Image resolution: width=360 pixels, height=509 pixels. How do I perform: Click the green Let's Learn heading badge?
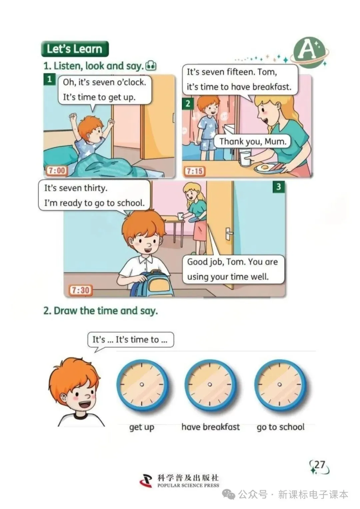pyautogui.click(x=75, y=49)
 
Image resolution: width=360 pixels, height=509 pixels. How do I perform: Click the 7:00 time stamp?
pyautogui.click(x=57, y=170)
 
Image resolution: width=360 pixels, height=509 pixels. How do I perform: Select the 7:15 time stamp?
pyautogui.click(x=194, y=171)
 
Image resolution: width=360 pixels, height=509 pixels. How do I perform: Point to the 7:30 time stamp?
pyautogui.click(x=80, y=290)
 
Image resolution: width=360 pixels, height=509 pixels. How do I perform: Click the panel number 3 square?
pyautogui.click(x=278, y=187)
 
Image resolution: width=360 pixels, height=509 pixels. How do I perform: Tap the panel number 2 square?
pyautogui.click(x=188, y=104)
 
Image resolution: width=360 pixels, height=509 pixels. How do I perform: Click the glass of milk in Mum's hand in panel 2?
pyautogui.click(x=245, y=158)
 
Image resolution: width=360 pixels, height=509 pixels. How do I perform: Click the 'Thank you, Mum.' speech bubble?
pyautogui.click(x=253, y=141)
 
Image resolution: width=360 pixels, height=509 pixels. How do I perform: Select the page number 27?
pyautogui.click(x=319, y=464)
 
